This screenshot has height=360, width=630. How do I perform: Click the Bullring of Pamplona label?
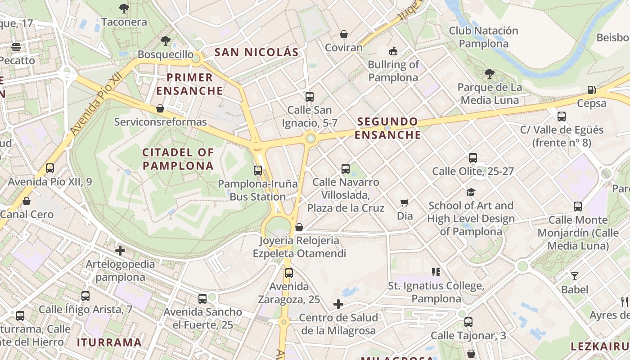point(393,71)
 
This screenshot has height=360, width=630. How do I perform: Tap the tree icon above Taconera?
point(124,8)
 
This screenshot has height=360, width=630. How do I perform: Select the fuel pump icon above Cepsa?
point(592,90)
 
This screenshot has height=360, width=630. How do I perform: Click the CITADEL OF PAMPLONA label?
point(178,159)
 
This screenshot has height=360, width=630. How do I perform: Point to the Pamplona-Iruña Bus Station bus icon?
point(258,171)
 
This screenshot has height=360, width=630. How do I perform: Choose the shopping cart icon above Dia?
point(405,203)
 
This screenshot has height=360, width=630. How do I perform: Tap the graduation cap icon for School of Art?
point(471,192)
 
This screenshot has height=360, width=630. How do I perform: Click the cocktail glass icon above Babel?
point(575,276)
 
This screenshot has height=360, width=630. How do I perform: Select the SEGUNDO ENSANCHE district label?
point(387,128)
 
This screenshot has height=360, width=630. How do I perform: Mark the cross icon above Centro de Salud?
point(338,305)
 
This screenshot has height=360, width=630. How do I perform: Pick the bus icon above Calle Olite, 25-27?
point(473,158)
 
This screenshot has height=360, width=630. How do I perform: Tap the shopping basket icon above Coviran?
point(344,35)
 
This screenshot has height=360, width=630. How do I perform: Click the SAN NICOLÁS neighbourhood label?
point(256,52)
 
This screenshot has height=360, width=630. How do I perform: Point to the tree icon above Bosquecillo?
point(166,41)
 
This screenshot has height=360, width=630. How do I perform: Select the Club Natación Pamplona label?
point(484,37)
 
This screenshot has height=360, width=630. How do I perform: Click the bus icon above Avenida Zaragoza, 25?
point(289,273)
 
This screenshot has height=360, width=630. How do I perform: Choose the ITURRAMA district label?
point(109,342)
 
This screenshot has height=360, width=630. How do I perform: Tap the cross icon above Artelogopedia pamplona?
point(120,251)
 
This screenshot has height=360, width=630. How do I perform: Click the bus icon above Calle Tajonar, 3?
point(468,322)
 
